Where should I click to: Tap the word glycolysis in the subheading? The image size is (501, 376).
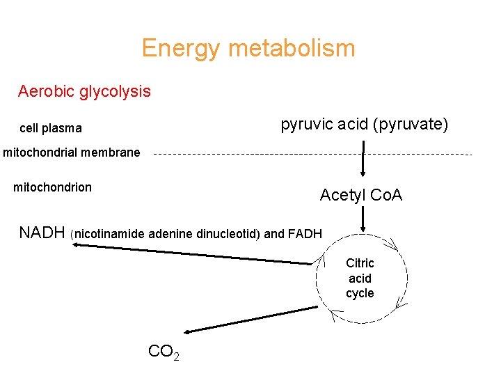click(x=116, y=92)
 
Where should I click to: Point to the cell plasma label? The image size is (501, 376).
click(x=51, y=128)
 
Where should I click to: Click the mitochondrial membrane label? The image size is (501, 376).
click(x=72, y=152)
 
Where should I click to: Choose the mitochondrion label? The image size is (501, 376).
click(x=53, y=187)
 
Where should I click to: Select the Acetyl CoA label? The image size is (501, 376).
click(x=360, y=196)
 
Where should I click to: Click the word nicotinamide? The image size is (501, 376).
click(x=110, y=234)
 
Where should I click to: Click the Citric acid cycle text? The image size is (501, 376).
click(x=360, y=278)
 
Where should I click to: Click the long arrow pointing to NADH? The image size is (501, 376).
click(x=195, y=254)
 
